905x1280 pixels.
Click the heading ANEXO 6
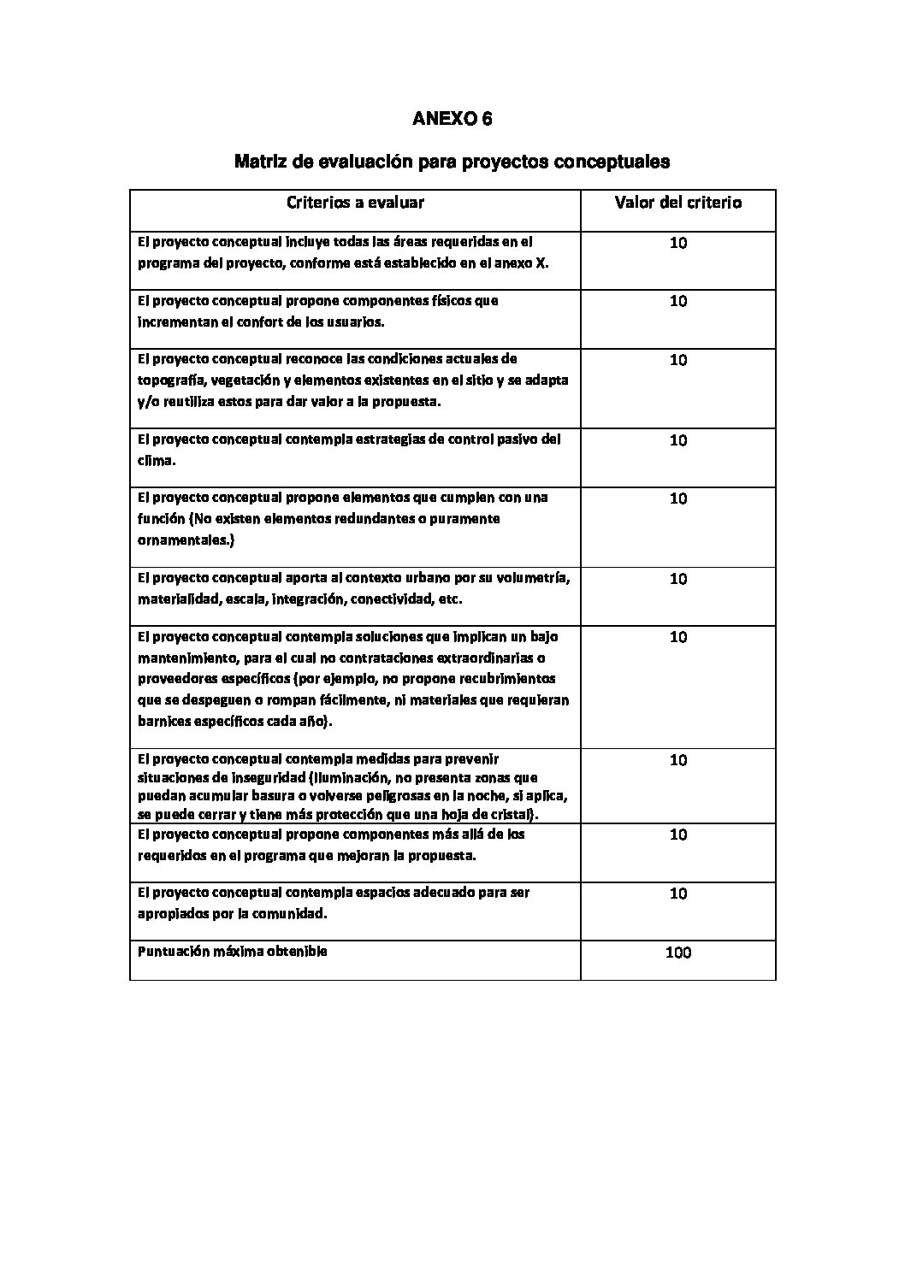(x=452, y=119)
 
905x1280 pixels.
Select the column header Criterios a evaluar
(x=355, y=203)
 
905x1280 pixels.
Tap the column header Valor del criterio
(x=677, y=203)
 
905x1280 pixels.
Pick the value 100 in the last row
(x=677, y=953)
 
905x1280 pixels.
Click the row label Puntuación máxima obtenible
(x=232, y=951)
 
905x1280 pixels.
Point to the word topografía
(x=169, y=380)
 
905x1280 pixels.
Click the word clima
(x=154, y=460)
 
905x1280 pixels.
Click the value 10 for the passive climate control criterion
(x=677, y=440)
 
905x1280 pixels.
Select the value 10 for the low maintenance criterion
(x=677, y=637)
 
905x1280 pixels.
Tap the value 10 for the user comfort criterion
(x=677, y=301)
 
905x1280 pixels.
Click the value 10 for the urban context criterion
(x=677, y=579)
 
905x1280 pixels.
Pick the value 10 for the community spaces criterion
(x=677, y=894)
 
